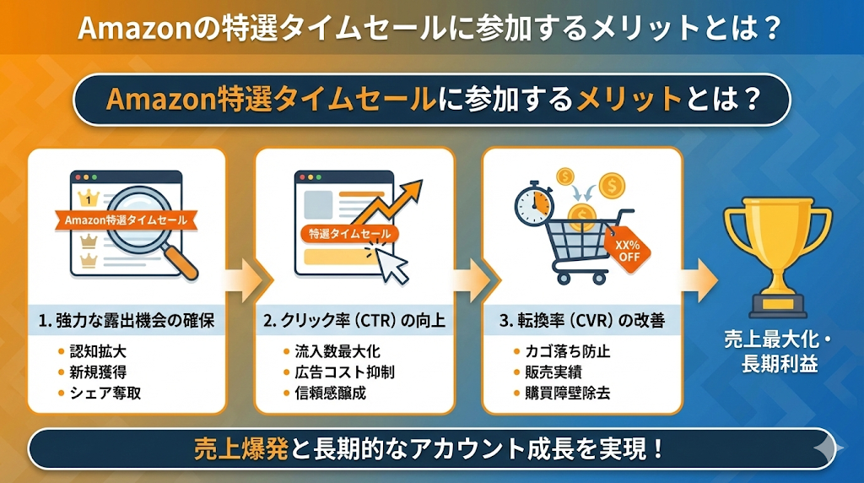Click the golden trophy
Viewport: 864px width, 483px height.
coord(777,250)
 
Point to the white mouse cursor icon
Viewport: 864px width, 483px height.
coord(390,263)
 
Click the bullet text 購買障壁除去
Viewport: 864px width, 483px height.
coord(561,393)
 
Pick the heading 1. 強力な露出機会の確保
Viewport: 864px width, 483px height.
coord(127,321)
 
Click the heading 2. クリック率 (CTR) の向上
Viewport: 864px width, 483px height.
coord(354,321)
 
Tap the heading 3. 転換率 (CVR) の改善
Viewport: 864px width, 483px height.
coord(581,321)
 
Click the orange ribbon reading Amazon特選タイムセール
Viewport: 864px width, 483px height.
coord(125,220)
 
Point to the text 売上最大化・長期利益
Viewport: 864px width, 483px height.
coord(777,353)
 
